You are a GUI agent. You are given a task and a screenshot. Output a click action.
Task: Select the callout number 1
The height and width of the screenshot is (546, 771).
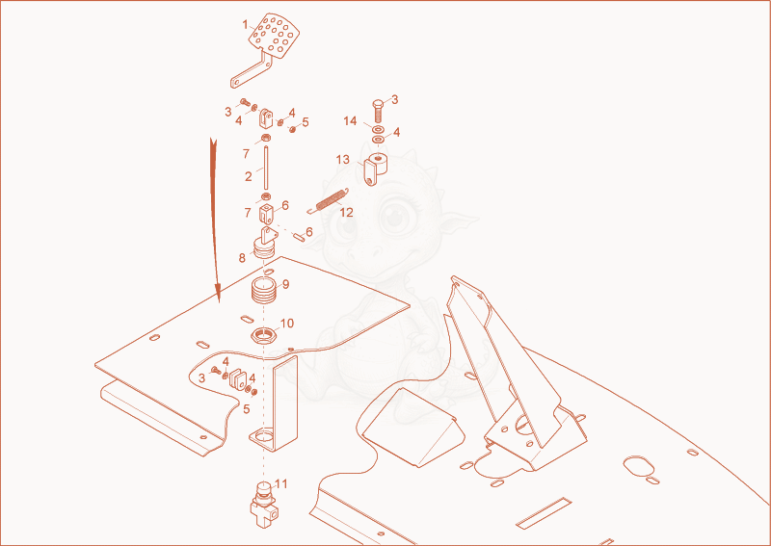point(246,25)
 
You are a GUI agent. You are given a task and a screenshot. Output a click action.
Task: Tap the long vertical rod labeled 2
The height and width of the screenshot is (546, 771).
point(266,168)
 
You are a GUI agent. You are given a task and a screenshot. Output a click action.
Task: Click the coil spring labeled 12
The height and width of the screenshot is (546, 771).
point(328,200)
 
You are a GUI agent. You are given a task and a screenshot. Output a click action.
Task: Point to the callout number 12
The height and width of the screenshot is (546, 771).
point(346,213)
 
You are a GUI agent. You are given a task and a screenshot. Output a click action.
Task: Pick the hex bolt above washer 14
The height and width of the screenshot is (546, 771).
point(378,111)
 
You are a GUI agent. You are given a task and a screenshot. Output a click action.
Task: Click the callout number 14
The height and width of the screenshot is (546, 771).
point(350,121)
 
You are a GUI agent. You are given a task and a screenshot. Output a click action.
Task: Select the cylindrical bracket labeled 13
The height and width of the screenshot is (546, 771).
point(375,169)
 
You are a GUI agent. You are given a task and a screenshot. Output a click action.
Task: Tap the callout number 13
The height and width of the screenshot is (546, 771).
point(343,160)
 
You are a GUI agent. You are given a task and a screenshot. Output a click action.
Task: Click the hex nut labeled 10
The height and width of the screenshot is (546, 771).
point(262,337)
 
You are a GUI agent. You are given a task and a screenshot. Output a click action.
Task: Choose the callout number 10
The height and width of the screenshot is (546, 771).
point(286,324)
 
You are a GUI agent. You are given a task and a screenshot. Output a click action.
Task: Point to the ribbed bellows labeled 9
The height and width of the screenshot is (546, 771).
point(264,291)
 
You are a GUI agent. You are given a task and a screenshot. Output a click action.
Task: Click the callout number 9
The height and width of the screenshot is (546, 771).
point(285,284)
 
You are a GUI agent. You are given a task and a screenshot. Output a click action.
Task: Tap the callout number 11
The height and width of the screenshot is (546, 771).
point(280,484)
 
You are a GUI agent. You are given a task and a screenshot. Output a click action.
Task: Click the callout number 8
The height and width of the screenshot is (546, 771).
point(242,257)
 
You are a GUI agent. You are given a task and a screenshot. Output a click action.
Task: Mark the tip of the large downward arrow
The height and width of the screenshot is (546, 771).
point(219,300)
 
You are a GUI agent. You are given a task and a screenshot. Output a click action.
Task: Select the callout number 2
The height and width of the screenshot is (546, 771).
point(249,176)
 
